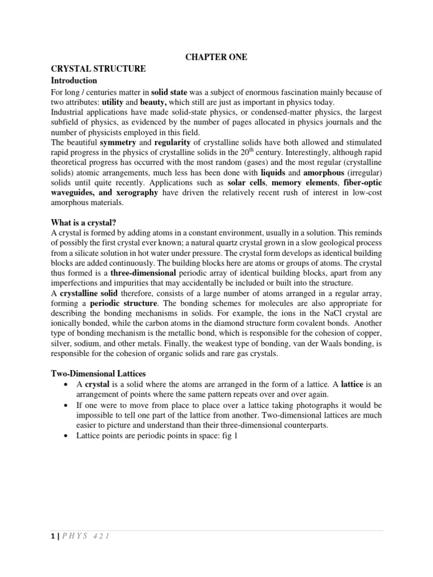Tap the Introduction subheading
[74, 81]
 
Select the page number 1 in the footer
[52, 536]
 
